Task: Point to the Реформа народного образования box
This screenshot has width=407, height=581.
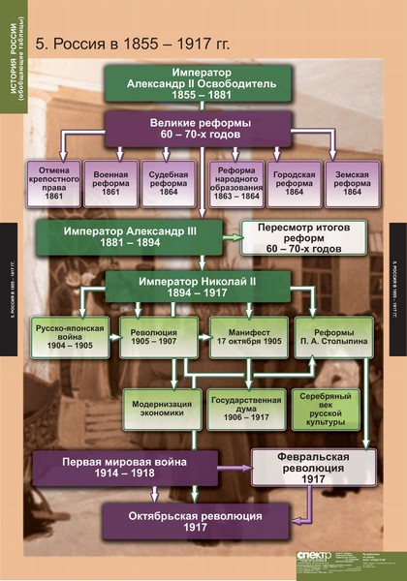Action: [x=235, y=183]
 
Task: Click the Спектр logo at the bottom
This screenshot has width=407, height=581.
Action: [x=315, y=557]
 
